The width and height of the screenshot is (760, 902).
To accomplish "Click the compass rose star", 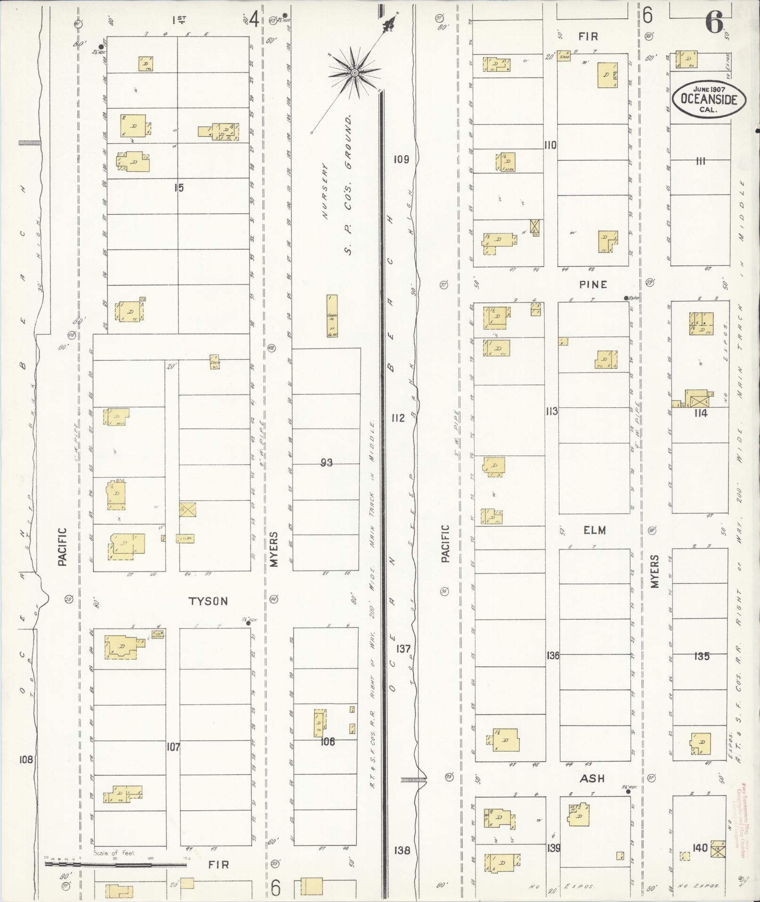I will click(x=354, y=72).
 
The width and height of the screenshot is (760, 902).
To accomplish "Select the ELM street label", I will click(x=594, y=530).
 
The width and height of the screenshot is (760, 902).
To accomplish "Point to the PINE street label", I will click(x=594, y=284).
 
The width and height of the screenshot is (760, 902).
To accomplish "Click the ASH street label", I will click(x=592, y=778).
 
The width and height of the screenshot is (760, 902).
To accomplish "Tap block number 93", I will click(x=326, y=463).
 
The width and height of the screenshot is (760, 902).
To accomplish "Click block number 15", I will click(x=178, y=188).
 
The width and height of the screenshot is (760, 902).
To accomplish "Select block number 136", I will click(x=553, y=655).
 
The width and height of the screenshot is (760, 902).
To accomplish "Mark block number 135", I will click(x=702, y=656).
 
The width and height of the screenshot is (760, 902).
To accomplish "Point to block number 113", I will click(x=552, y=411).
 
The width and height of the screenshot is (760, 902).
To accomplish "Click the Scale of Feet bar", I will click(x=118, y=864).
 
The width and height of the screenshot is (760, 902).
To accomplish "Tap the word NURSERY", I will click(x=325, y=191).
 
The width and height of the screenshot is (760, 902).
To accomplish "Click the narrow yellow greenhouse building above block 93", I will click(x=332, y=316).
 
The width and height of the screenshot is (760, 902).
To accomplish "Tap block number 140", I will click(x=700, y=848).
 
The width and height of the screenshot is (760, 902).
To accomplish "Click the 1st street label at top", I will click(x=179, y=20).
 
